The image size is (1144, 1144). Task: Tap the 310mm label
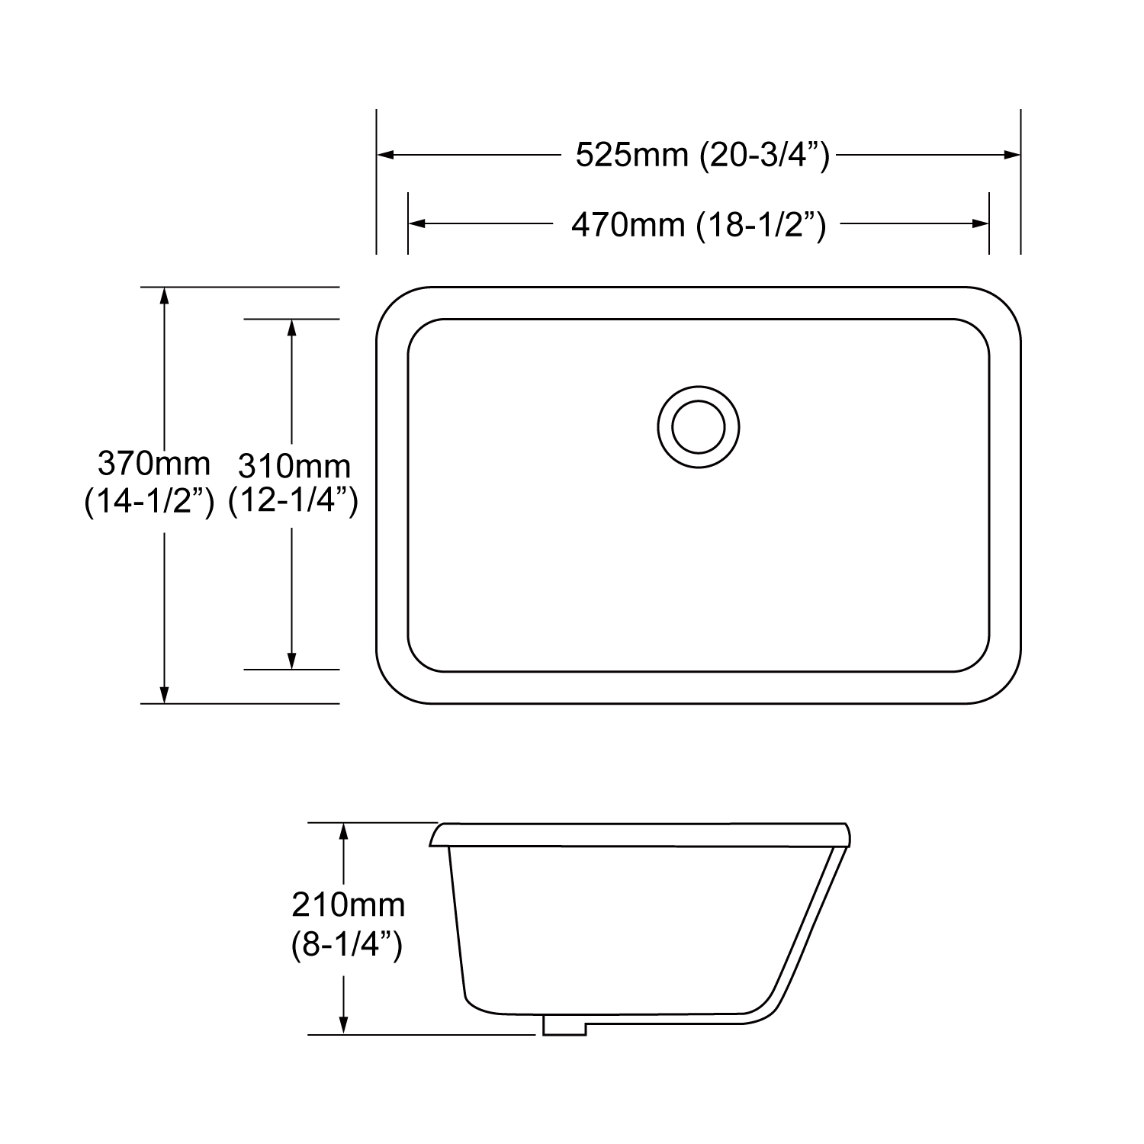(294, 465)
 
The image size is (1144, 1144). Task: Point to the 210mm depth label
(348, 905)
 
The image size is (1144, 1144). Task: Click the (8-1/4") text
(346, 946)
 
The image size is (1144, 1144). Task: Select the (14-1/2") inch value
(149, 501)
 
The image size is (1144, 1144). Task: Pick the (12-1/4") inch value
(294, 501)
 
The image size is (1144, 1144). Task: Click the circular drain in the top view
(698, 426)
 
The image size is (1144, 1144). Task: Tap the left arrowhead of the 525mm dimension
(384, 155)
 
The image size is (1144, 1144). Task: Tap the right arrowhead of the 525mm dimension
(1013, 155)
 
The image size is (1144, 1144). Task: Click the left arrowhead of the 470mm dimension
(416, 223)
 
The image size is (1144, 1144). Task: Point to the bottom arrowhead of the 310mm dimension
(291, 661)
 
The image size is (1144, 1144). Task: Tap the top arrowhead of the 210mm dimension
(344, 831)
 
